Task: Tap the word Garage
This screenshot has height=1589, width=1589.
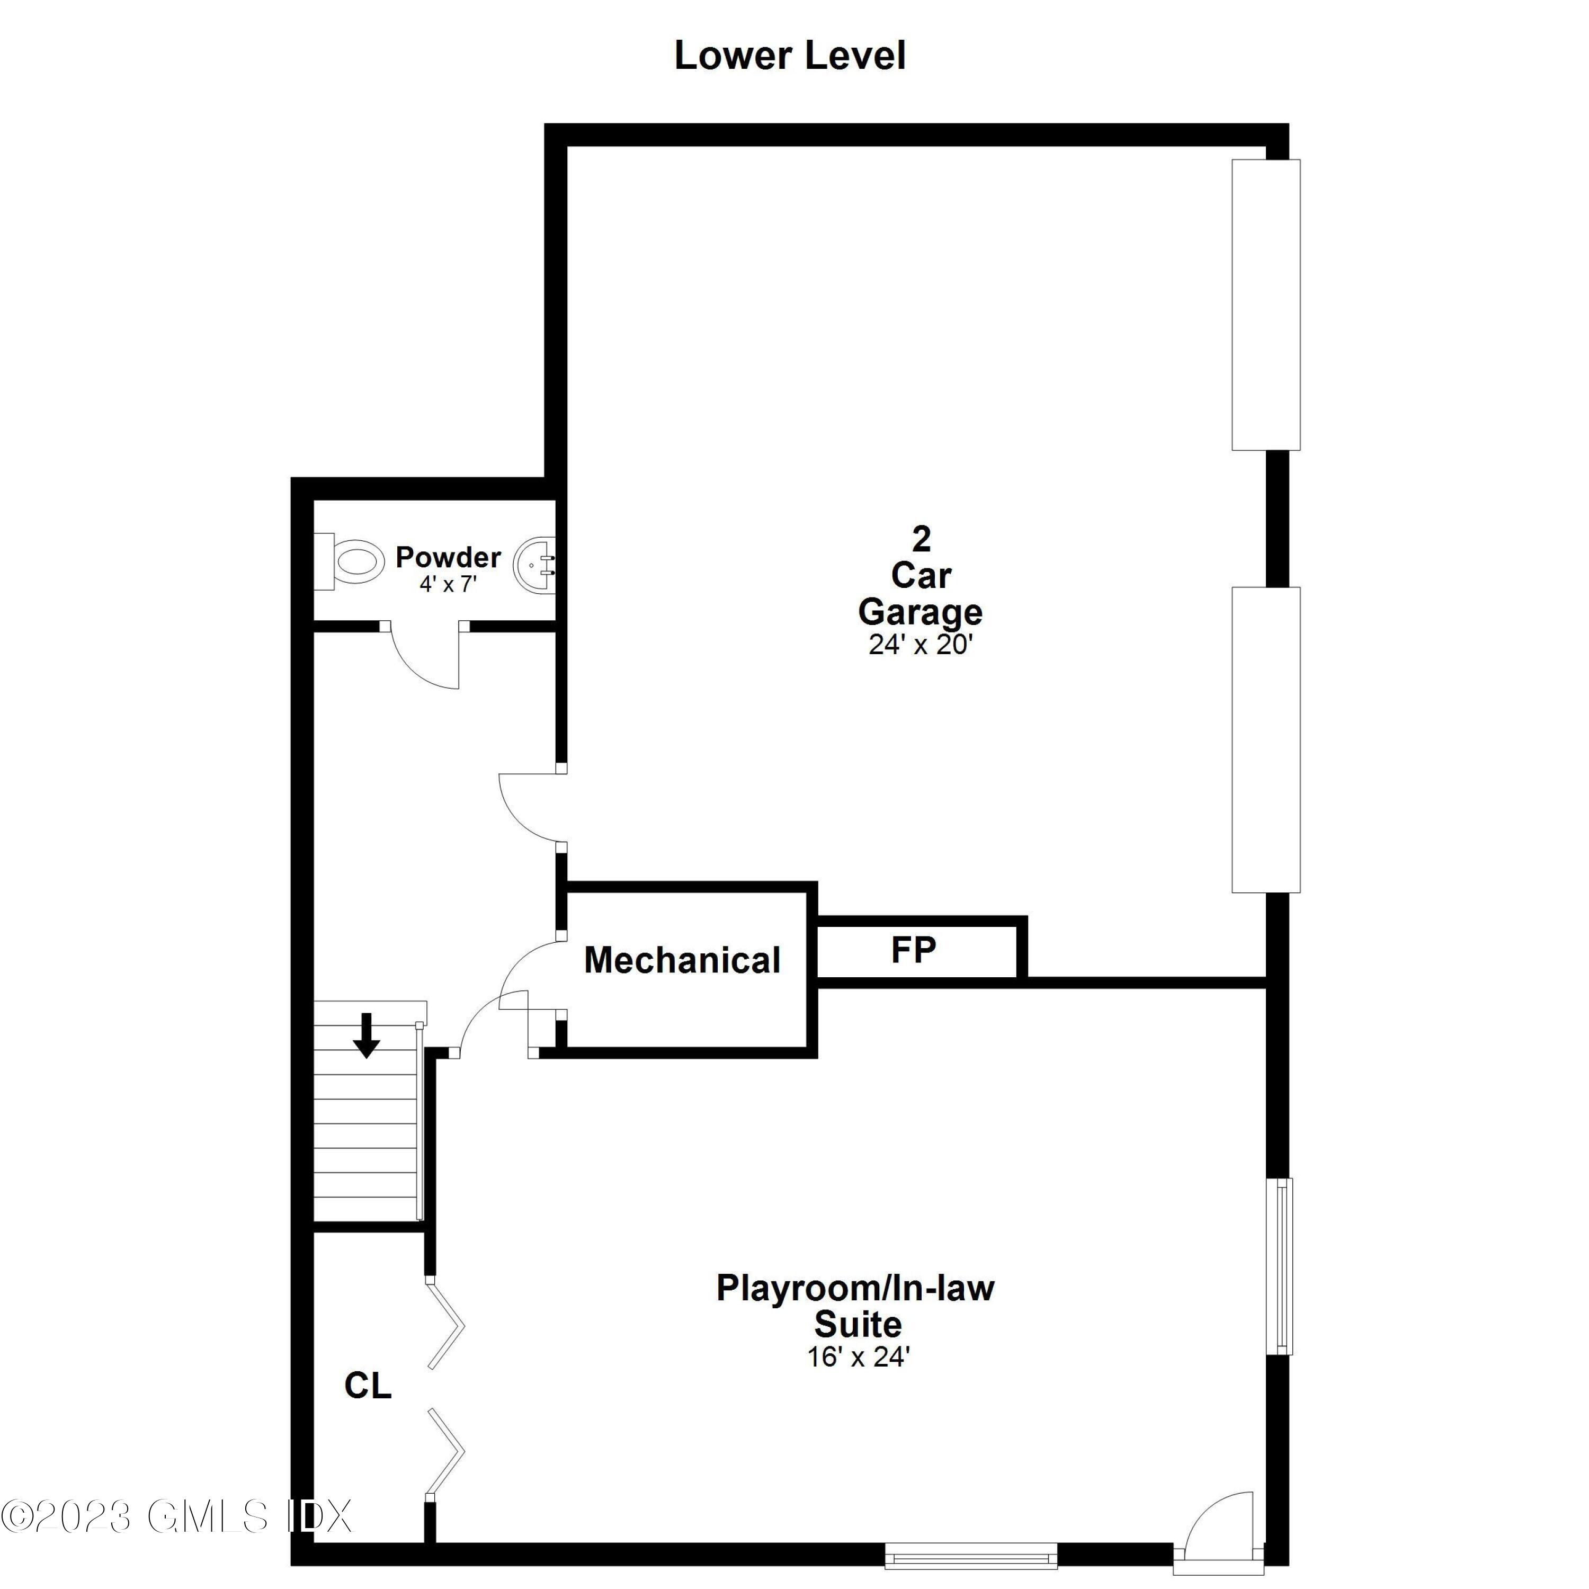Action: pos(921,612)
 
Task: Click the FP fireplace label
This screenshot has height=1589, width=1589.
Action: pos(913,950)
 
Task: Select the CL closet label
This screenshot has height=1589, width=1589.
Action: pos(368,1386)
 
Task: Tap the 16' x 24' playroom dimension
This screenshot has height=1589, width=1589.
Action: pos(858,1356)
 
